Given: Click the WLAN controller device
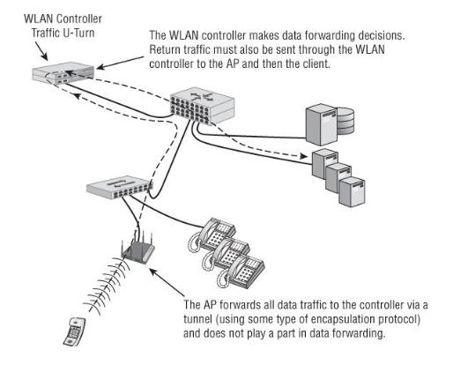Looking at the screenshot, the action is [63, 72].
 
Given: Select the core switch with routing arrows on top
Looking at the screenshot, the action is [203, 106].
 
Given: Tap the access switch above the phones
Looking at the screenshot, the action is [119, 187].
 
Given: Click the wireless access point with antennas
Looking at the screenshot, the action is [137, 248].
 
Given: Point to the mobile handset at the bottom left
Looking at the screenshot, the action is [75, 331].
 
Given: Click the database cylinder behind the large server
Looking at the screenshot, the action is [345, 121].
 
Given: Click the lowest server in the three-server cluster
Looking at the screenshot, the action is [352, 191].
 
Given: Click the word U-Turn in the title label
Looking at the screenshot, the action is [78, 33].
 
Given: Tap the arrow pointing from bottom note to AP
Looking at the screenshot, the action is [167, 282].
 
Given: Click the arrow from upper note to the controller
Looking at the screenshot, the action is [120, 63].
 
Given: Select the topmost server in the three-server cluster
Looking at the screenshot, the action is [325, 164].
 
